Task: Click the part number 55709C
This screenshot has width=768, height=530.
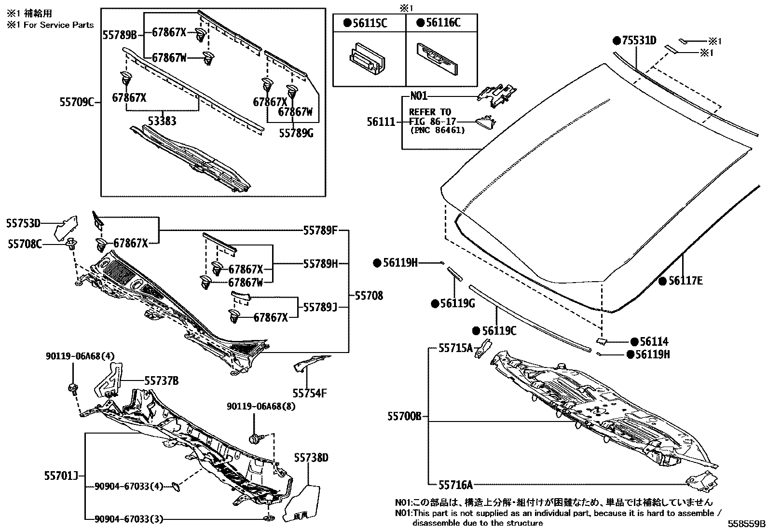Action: (x=77, y=102)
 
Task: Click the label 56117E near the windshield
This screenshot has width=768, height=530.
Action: (x=685, y=280)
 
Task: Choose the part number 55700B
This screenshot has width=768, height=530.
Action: (x=404, y=416)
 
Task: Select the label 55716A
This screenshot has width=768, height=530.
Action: (x=455, y=484)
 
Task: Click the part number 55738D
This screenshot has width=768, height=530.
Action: (x=311, y=458)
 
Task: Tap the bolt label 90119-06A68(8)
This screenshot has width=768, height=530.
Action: (x=261, y=407)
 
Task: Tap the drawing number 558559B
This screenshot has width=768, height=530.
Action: (x=747, y=524)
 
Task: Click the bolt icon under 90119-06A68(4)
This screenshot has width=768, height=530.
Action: (x=74, y=388)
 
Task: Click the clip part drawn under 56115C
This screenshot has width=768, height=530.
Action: (x=367, y=60)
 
